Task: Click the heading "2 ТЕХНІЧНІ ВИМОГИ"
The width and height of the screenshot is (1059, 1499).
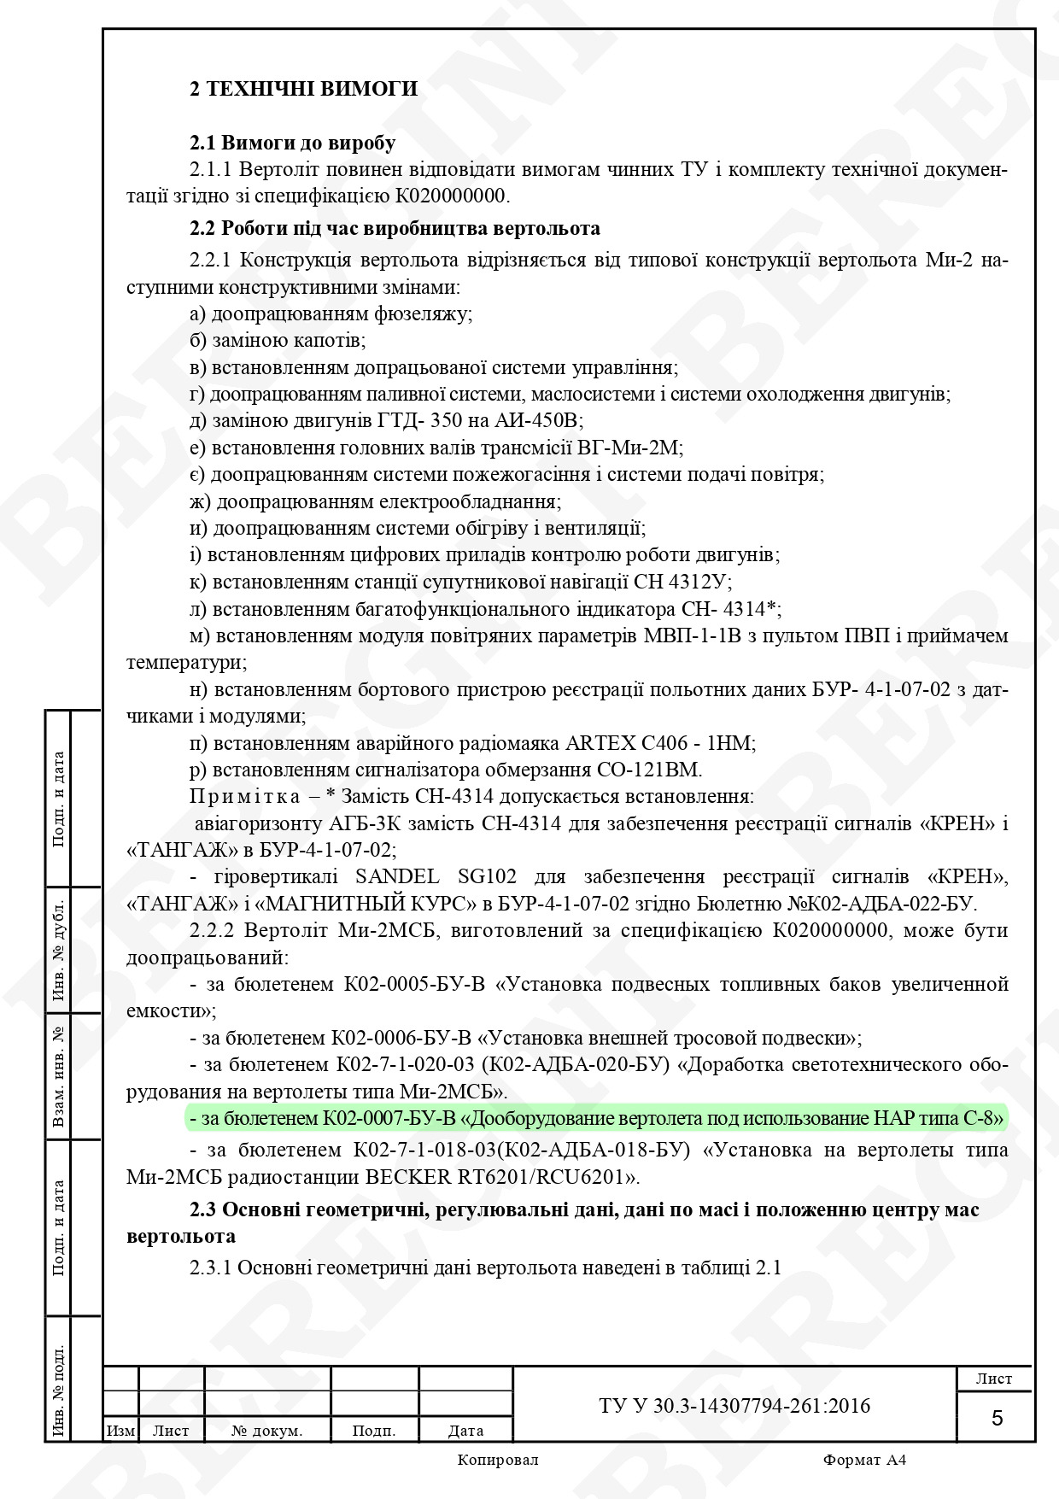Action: click(303, 89)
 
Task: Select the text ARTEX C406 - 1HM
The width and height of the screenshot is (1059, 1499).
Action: click(670, 743)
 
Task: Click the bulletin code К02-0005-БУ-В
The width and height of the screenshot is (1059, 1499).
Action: click(414, 985)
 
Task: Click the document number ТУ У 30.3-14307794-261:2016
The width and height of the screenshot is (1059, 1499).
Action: click(734, 1406)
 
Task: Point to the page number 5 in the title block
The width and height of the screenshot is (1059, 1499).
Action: click(997, 1419)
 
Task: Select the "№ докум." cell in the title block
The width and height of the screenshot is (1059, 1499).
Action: click(266, 1431)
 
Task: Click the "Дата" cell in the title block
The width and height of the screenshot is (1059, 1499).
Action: click(465, 1431)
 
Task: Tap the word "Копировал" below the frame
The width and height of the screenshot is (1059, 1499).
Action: click(498, 1460)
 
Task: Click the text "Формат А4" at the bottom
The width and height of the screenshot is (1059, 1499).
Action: click(864, 1460)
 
